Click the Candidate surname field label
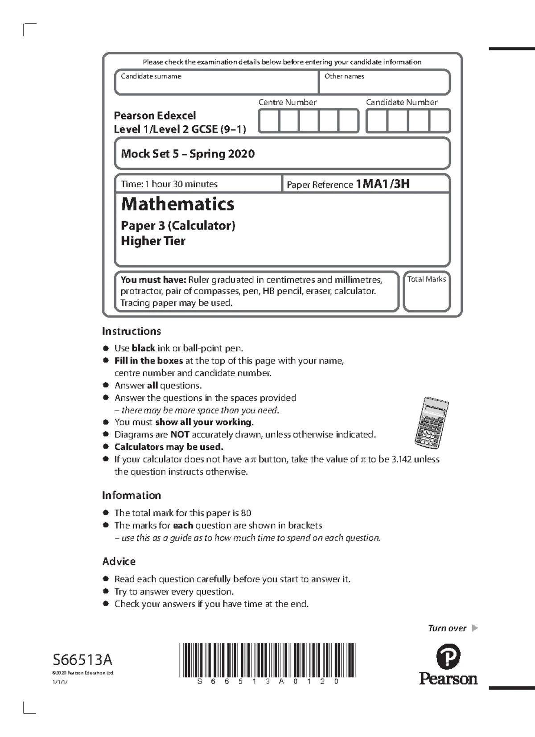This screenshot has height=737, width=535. pyautogui.click(x=151, y=76)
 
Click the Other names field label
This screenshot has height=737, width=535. pyautogui.click(x=344, y=76)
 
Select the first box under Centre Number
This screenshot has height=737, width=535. pyautogui.click(x=269, y=121)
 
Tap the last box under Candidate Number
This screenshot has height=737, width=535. pyautogui.click(x=440, y=121)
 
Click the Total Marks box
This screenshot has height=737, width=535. pyautogui.click(x=427, y=292)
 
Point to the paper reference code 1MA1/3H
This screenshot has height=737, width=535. pyautogui.click(x=383, y=184)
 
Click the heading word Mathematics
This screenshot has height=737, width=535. pyautogui.click(x=177, y=204)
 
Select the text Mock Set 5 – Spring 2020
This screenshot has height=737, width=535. pyautogui.click(x=188, y=154)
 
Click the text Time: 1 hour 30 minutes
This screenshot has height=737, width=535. pyautogui.click(x=169, y=184)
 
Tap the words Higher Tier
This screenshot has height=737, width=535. pyautogui.click(x=153, y=241)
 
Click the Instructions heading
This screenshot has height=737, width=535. pyautogui.click(x=131, y=331)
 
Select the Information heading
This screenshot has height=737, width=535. pyautogui.click(x=131, y=495)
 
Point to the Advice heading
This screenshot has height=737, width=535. pyautogui.click(x=119, y=561)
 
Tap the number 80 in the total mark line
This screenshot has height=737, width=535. pyautogui.click(x=246, y=513)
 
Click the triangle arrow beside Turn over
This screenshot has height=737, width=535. pyautogui.click(x=474, y=628)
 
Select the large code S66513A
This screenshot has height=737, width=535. pyautogui.click(x=82, y=659)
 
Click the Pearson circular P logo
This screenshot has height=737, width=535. pyautogui.click(x=448, y=657)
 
